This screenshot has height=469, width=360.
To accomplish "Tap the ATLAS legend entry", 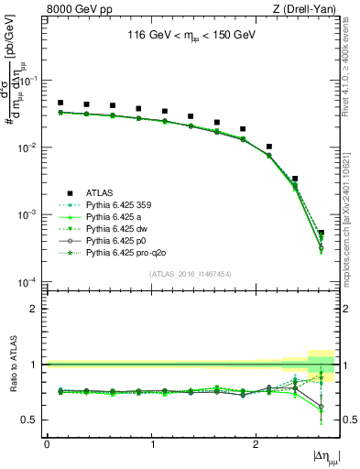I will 100,192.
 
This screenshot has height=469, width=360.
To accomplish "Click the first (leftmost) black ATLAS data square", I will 60,104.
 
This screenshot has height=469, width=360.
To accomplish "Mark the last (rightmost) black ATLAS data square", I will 321,233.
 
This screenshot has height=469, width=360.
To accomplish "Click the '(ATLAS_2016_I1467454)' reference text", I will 190,274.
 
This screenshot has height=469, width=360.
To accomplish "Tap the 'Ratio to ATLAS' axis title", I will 13,365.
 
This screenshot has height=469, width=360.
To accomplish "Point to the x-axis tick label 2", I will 256,445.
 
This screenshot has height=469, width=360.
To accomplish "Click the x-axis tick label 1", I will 151,445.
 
